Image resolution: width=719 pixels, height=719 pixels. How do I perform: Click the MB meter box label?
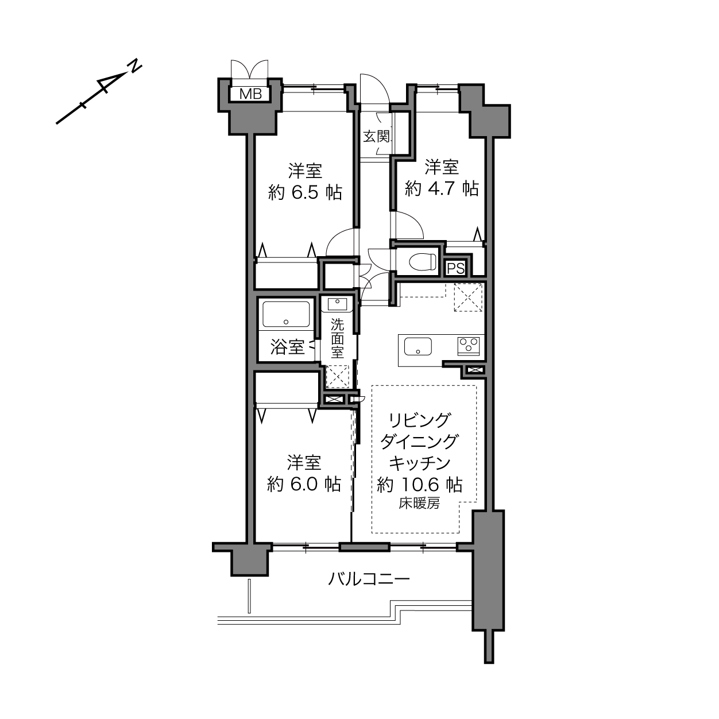coord(250,94)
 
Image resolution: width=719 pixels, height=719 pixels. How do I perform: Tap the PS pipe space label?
coord(455,268)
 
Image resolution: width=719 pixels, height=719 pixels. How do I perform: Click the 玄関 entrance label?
coord(376,137)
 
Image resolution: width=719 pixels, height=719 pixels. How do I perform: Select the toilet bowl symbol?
coord(422,261)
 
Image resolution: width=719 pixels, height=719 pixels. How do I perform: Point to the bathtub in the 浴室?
coord(286,315)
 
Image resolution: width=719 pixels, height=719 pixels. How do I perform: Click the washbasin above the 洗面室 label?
coord(337,304)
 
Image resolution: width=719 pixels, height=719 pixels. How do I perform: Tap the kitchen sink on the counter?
coord(418,347)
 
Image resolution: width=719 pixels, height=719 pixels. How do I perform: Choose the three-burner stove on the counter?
coord(469,346)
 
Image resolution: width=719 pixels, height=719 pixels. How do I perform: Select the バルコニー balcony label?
coord(369,579)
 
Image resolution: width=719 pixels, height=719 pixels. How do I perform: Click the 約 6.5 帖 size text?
coord(305,193)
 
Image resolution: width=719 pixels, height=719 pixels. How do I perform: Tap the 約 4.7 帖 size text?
coord(442,188)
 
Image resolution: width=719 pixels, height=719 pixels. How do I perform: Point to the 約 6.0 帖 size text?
coord(304,484)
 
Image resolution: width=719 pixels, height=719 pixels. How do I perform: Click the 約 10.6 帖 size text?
coord(420,485)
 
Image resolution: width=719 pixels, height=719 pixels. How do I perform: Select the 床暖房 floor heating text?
coord(419,504)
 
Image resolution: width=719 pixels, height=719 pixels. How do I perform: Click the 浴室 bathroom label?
coord(287,347)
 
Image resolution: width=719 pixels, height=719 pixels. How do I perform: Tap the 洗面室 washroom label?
coord(337,338)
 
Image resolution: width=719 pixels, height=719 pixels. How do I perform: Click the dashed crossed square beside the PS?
coord(468,297)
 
